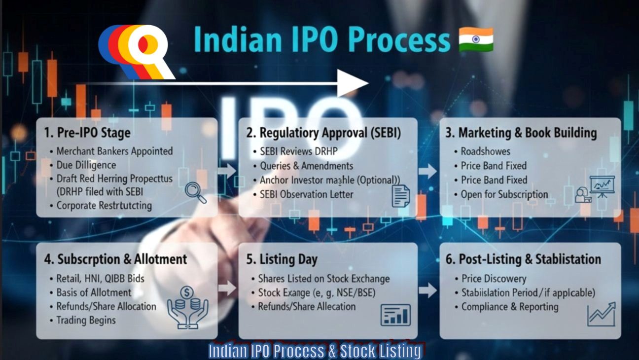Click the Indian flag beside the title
(x=476, y=40)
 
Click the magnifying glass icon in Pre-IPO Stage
(x=195, y=192)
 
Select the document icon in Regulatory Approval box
(x=400, y=196)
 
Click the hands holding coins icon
(x=187, y=307)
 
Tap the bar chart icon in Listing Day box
(x=395, y=315)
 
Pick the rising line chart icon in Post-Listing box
(x=601, y=314)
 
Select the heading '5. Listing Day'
(x=282, y=259)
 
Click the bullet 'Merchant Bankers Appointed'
(x=114, y=151)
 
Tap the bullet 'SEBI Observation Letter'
(x=306, y=194)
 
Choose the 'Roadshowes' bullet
(x=485, y=151)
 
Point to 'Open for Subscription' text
(x=504, y=194)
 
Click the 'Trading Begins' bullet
(x=86, y=320)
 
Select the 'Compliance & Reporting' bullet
(x=510, y=307)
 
